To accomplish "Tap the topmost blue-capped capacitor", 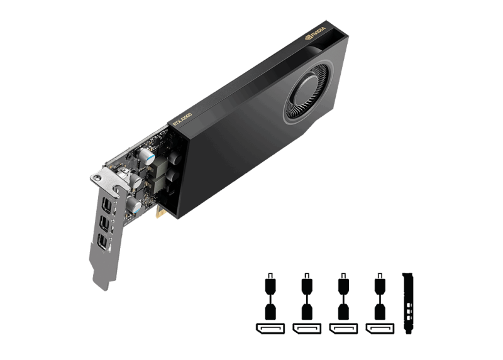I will pos(146,154).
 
